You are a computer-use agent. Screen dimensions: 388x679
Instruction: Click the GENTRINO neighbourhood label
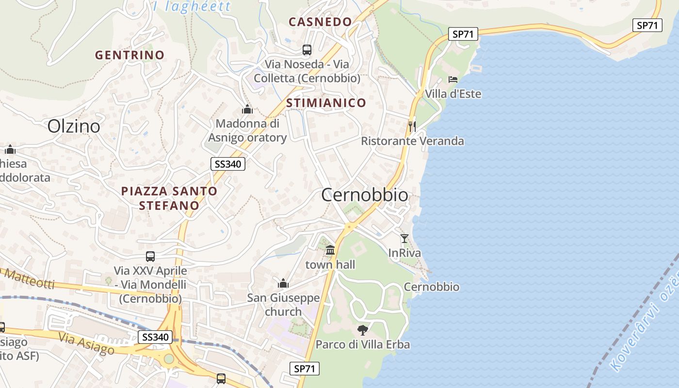click(129, 55)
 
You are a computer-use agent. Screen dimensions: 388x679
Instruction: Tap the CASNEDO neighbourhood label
click(320, 22)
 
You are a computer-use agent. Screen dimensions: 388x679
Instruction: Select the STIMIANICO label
click(326, 103)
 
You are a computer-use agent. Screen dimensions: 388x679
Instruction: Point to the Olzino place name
click(74, 127)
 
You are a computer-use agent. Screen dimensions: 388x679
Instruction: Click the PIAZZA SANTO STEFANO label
click(169, 198)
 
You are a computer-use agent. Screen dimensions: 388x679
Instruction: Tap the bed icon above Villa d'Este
click(453, 80)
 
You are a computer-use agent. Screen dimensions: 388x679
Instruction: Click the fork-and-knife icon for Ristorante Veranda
click(412, 127)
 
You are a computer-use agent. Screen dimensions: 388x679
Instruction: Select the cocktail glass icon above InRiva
click(404, 238)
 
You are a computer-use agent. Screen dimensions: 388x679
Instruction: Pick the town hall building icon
click(330, 250)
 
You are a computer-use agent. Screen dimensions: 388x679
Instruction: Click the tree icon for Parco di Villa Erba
click(362, 330)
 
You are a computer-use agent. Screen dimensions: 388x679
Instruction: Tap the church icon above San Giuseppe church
click(283, 283)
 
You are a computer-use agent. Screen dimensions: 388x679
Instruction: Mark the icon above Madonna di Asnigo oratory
click(247, 109)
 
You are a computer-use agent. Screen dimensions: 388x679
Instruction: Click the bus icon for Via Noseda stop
click(307, 49)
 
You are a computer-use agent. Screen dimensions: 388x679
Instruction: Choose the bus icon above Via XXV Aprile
click(150, 256)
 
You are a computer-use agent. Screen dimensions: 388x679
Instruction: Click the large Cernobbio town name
click(365, 195)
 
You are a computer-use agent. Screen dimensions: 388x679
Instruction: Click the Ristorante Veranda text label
click(412, 141)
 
